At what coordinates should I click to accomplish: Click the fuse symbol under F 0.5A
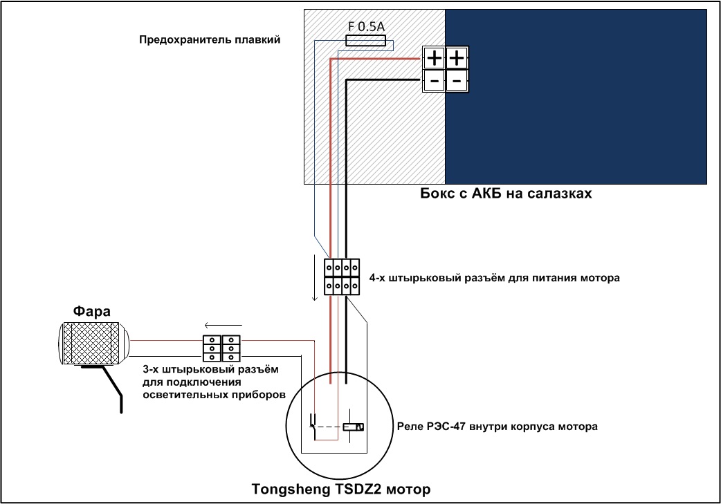click(x=365, y=41)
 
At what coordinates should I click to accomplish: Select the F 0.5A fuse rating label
click(x=366, y=27)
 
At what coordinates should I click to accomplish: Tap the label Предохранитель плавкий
click(x=210, y=39)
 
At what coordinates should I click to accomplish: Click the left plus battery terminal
click(x=434, y=58)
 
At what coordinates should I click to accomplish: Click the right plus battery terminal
click(x=457, y=58)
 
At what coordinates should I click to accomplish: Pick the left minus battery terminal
click(x=434, y=82)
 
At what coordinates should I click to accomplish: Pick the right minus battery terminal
click(x=457, y=82)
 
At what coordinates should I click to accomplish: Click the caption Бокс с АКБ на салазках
click(x=506, y=194)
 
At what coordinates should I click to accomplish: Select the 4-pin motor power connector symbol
click(x=342, y=277)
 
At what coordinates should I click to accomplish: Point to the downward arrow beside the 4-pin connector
click(x=315, y=278)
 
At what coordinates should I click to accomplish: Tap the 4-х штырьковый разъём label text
click(x=494, y=278)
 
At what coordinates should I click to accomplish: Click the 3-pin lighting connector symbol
click(x=221, y=348)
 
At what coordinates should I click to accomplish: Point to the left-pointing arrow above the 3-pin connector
click(x=217, y=326)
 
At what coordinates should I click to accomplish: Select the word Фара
click(x=91, y=312)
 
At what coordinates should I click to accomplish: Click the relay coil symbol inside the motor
click(x=353, y=427)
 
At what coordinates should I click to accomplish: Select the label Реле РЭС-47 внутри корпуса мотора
click(x=497, y=427)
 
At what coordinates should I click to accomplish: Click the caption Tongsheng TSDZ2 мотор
click(x=341, y=489)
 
